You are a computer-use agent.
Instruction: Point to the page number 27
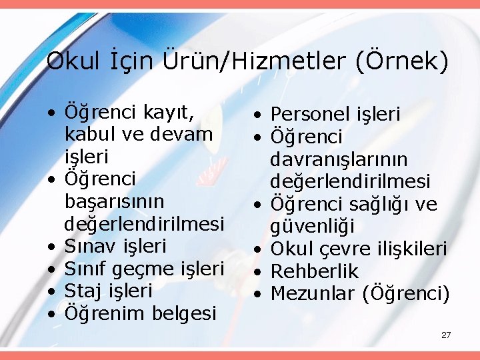(446, 335)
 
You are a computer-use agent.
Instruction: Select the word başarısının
(115, 201)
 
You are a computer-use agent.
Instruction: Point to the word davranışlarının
(339, 159)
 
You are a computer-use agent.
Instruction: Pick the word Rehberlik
(315, 271)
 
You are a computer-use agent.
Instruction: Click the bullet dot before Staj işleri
(51, 291)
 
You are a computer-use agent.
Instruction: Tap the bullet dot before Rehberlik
(257, 271)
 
